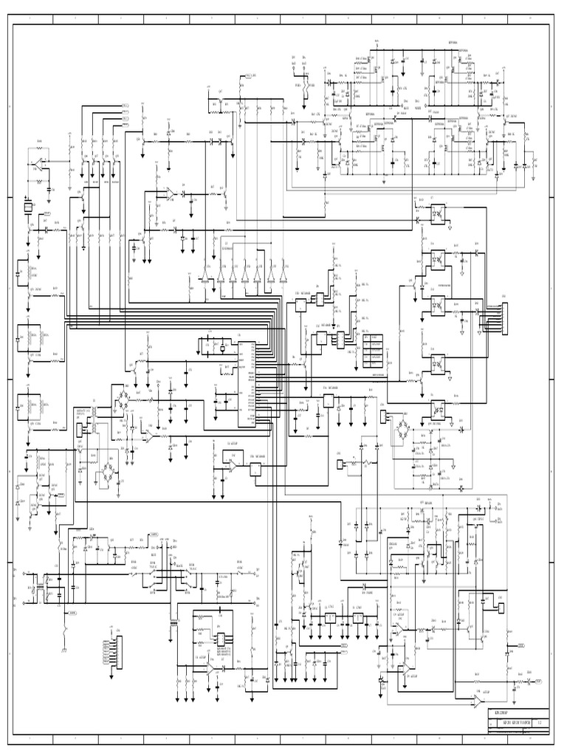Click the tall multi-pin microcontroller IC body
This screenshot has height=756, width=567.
(x=247, y=383)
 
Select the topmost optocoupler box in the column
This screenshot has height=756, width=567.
(x=436, y=209)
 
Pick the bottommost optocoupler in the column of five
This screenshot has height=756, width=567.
(x=436, y=407)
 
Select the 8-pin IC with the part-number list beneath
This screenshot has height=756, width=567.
(x=219, y=639)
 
